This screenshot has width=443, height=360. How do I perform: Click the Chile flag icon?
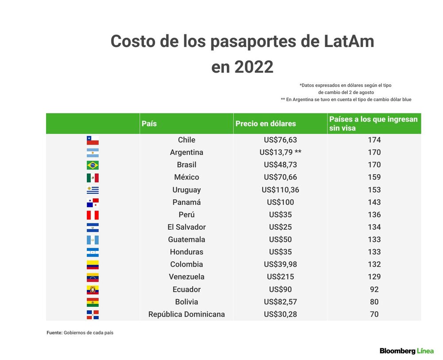coord(93,140)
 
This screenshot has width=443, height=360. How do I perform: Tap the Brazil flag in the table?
coord(93,165)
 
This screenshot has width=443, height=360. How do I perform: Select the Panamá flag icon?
coord(93,203)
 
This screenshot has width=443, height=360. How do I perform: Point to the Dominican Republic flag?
coord(93,314)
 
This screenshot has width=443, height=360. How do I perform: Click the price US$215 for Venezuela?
coord(280,277)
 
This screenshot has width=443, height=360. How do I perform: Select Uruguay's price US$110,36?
coord(280,190)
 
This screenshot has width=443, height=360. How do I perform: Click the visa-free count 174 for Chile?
coord(374,140)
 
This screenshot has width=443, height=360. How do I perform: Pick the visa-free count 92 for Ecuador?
coord(374,290)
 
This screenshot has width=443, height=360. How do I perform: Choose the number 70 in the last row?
coord(374,314)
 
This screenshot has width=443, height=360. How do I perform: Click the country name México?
coord(187,177)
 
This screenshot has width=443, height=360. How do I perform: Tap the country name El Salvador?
coord(187,227)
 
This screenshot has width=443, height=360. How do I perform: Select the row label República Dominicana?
coord(187,314)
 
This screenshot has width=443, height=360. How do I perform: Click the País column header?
coord(149,124)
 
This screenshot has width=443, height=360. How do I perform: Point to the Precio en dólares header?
coord(265,124)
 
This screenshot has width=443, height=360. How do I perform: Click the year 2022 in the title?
coord(254,67)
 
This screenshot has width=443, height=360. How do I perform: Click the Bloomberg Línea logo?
coord(407,351)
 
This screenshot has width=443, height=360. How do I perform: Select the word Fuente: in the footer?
coord(54,333)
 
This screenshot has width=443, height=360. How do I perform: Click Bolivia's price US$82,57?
coord(280,302)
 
